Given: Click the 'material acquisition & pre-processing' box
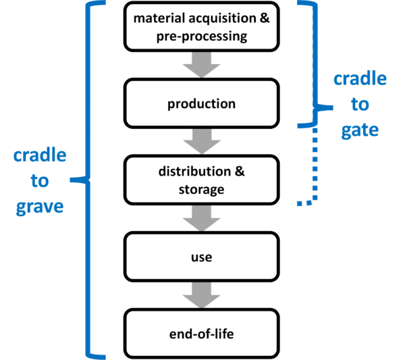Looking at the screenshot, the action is tap(201, 26).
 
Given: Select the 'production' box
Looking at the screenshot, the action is tap(201, 103).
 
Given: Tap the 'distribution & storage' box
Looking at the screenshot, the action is tap(201, 180).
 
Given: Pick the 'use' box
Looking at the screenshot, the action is tap(201, 257).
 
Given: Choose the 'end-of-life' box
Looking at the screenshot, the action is tap(201, 334).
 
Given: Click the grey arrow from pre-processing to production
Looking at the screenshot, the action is tap(201, 65).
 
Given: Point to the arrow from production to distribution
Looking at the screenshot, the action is tap(202, 141).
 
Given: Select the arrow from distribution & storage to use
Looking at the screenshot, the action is tap(201, 218).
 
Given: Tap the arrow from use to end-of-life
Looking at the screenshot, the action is tap(201, 295).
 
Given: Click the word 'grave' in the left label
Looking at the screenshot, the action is tap(40, 207).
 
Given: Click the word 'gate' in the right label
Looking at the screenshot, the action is tap(360, 130).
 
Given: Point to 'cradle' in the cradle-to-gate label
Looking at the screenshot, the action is tap(360, 79).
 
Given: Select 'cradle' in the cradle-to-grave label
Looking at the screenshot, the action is tap(40, 155).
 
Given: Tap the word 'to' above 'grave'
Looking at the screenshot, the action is tap(40, 180).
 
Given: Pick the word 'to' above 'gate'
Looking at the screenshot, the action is tap(360, 105).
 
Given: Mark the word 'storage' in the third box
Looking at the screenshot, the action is tap(201, 190).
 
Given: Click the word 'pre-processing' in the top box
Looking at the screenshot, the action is tap(202, 36).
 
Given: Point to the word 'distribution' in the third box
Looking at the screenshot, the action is tap(194, 172).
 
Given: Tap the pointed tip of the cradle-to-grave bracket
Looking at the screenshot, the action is tap(70, 180).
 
